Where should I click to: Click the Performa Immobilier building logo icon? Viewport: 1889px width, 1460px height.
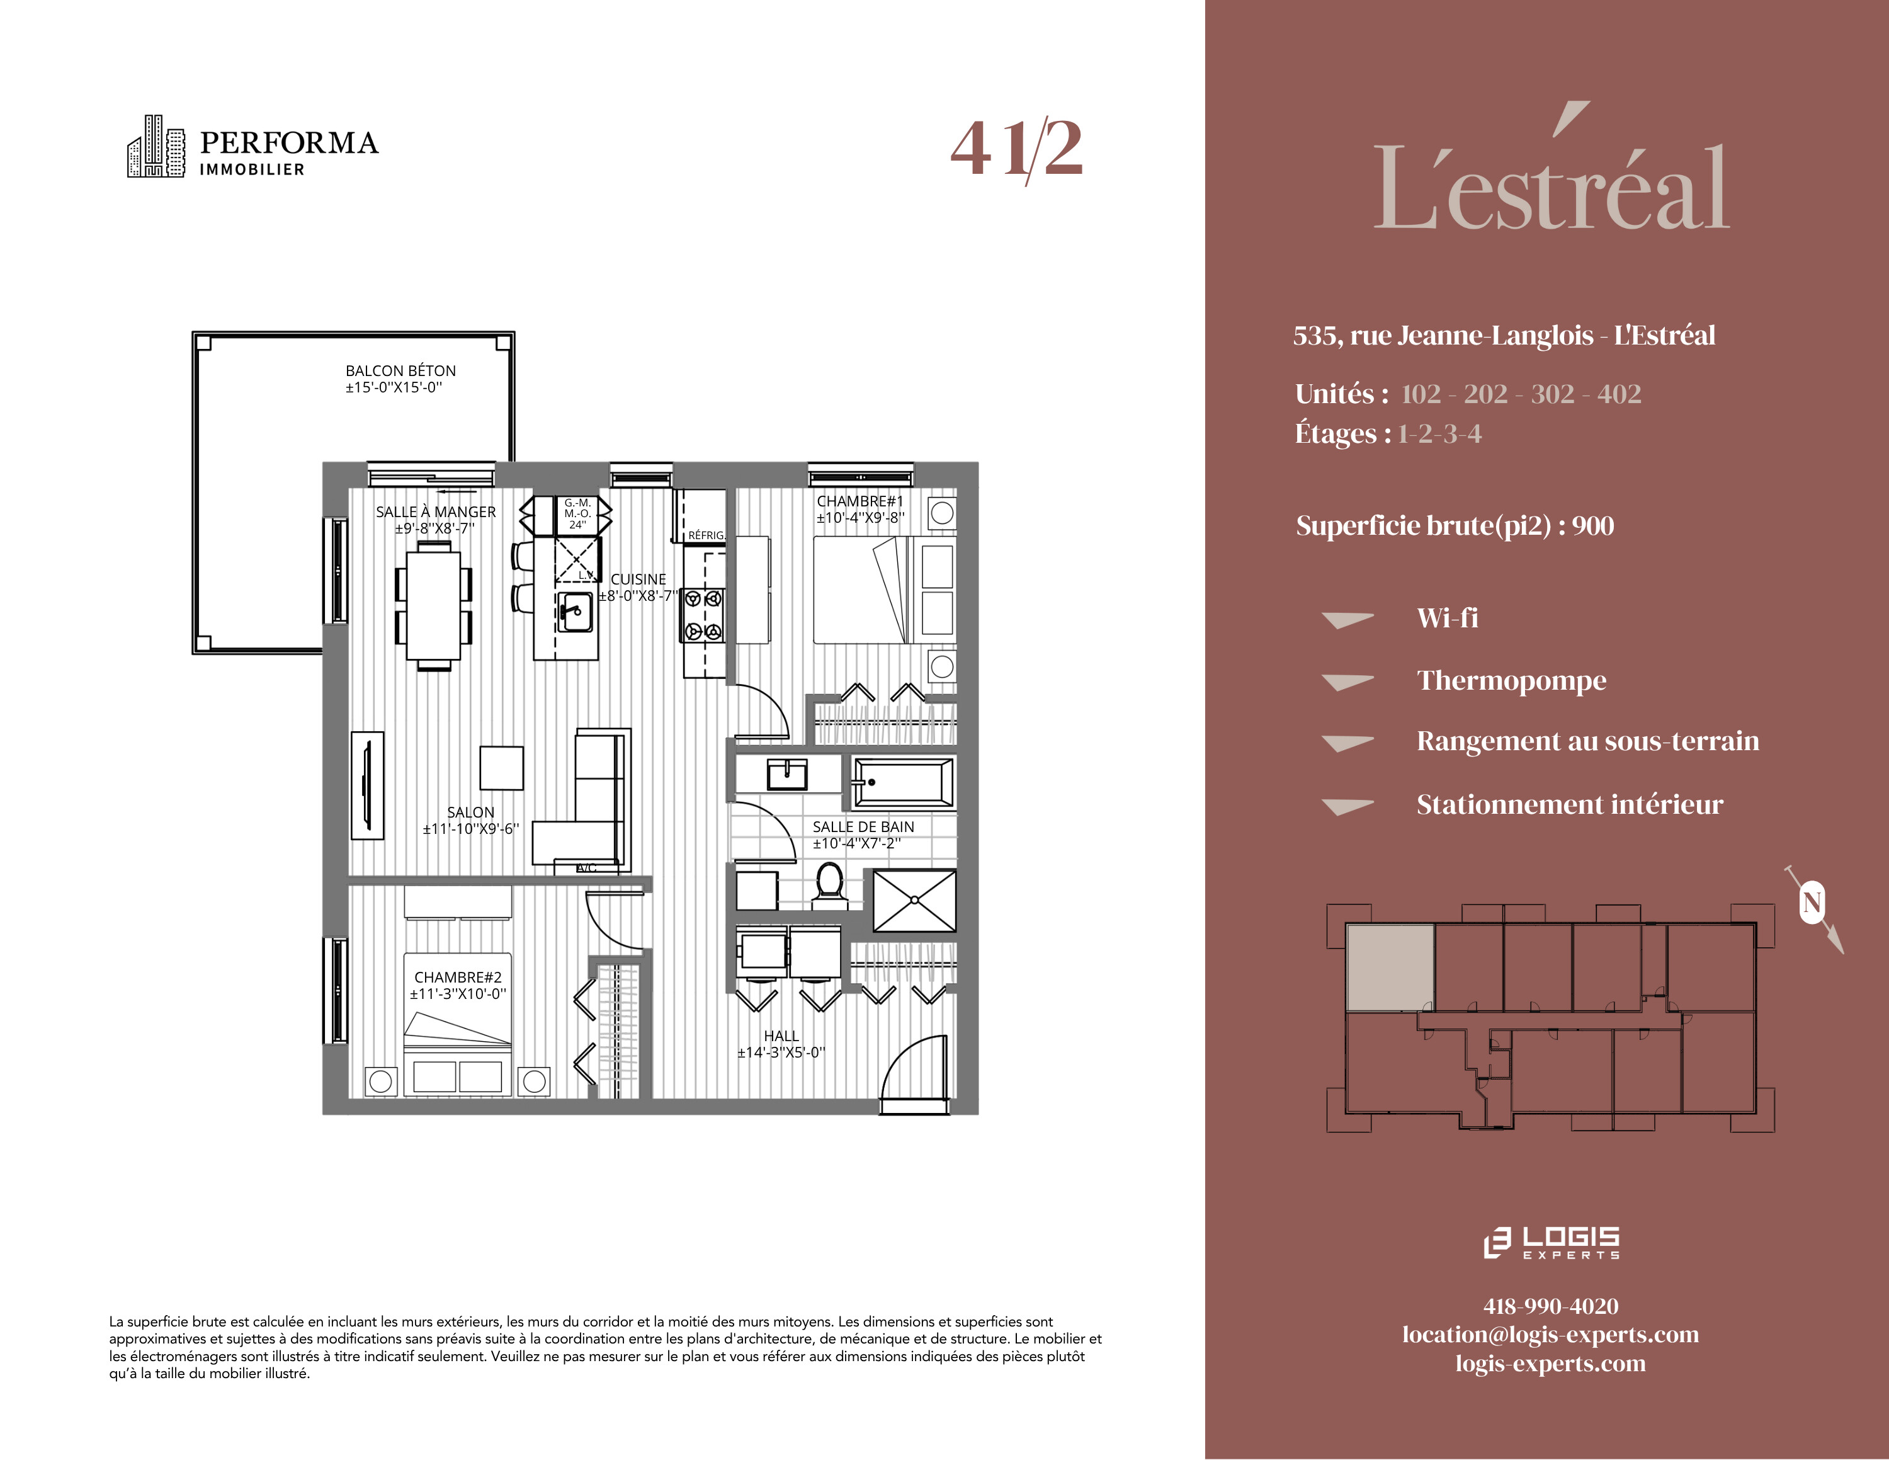156,146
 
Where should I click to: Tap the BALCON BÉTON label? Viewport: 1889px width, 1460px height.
400,370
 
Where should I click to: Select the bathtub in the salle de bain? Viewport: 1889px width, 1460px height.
903,782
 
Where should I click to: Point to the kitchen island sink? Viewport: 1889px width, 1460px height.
574,612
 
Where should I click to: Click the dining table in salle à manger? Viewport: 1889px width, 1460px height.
433,605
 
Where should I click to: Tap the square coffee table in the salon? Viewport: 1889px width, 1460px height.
502,767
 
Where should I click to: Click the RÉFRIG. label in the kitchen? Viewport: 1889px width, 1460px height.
706,535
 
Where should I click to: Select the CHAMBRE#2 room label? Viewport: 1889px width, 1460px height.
458,976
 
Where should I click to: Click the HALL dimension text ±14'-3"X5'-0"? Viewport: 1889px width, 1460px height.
781,1052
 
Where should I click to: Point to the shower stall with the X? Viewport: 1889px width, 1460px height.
914,901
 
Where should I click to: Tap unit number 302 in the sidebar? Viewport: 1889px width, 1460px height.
1553,394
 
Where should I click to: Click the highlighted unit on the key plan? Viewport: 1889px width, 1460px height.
1390,967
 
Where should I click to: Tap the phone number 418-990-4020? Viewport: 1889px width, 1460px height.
1551,1306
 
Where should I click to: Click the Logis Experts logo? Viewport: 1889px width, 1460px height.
1551,1242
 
